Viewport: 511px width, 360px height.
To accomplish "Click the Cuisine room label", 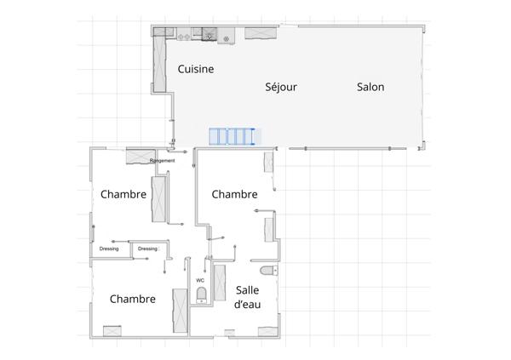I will [195, 69].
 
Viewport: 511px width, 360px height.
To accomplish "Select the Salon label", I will [370, 87].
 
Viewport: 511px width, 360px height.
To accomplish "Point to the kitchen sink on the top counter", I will [207, 36].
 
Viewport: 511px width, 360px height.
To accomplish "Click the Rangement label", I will [162, 161].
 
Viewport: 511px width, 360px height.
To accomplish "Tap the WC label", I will [200, 280].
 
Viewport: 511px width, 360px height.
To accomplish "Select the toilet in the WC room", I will [201, 295].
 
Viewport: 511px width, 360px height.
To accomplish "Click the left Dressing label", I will [109, 249].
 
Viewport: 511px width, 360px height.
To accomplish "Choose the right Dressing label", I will [148, 249].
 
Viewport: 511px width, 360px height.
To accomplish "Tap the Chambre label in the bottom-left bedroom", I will [132, 299].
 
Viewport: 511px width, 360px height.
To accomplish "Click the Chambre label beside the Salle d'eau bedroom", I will [234, 194].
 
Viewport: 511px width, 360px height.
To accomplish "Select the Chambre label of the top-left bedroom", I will [123, 194].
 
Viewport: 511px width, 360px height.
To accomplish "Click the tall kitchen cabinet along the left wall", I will [159, 64].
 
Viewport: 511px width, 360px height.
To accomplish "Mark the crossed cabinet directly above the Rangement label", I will [138, 155].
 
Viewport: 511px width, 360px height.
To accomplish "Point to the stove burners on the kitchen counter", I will [182, 36].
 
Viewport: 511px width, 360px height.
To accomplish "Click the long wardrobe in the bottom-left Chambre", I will [180, 310].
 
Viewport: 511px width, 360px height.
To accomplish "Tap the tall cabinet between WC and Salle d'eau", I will [219, 280].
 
